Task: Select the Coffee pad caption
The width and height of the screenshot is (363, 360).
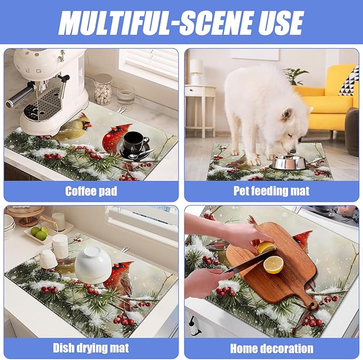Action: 90,191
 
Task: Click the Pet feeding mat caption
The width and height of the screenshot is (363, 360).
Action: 272,191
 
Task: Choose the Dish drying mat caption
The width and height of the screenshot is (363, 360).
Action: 90,348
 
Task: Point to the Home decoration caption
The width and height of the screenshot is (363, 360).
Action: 272,348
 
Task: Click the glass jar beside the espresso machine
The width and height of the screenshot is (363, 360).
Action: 103,89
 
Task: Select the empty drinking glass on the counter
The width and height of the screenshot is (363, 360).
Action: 126,97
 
